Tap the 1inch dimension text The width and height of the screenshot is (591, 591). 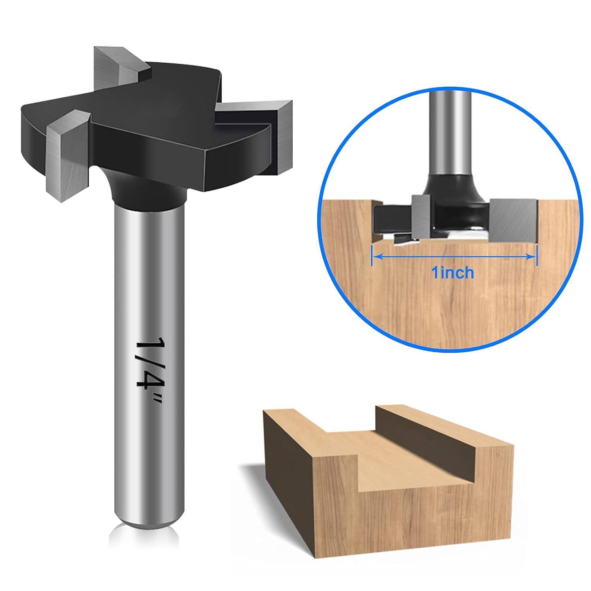453,273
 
